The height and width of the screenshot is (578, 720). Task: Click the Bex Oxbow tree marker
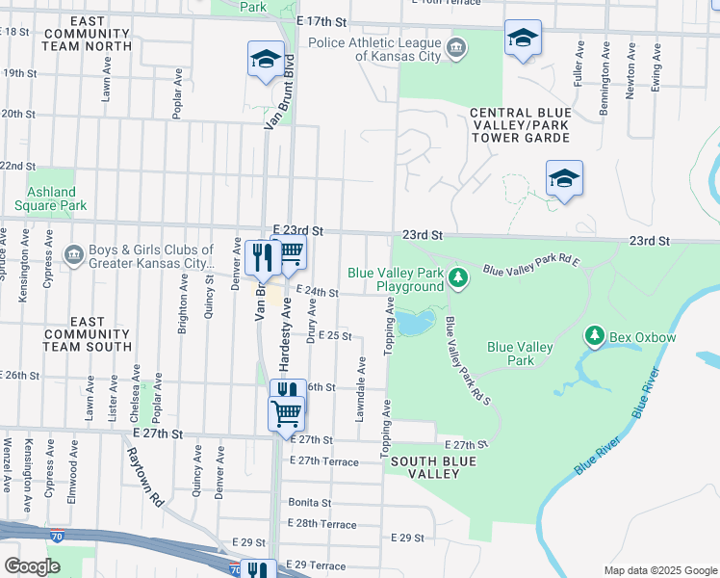coord(595,335)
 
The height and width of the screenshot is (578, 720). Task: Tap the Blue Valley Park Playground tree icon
coord(459,278)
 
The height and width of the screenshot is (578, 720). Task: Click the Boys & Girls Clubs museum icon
coord(73,254)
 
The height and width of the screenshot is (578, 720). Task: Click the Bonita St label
coord(309,503)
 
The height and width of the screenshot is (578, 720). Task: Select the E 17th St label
coord(321,20)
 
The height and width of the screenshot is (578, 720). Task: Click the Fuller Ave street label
coord(579,66)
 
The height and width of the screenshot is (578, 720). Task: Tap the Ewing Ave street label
coord(656,66)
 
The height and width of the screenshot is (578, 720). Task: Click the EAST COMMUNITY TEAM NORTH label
coord(88,34)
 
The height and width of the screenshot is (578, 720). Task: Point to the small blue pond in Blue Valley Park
coord(414,322)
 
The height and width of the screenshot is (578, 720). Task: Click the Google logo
coord(32,566)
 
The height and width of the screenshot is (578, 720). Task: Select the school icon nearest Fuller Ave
coord(523,39)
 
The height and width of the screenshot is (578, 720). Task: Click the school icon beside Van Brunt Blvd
coord(265,60)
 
